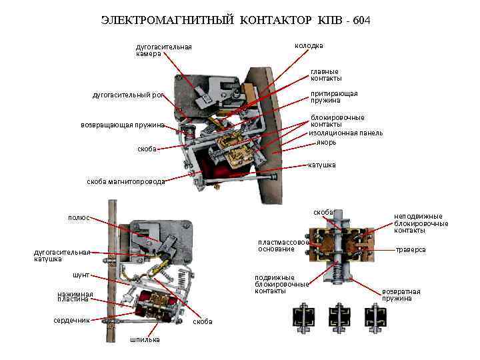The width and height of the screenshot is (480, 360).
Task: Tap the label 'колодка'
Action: (309, 46)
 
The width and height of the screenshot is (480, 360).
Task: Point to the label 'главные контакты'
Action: (325, 75)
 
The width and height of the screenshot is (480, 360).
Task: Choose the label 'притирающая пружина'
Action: (333, 97)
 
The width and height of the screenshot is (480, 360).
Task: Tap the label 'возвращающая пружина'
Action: (122, 125)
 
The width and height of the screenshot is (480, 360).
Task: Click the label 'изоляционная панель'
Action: (345, 133)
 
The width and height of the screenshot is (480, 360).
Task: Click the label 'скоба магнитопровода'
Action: (126, 181)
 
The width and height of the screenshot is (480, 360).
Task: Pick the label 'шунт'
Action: (81, 275)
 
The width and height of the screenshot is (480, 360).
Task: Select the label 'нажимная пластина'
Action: (75, 297)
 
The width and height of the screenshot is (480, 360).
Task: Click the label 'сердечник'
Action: (71, 321)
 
